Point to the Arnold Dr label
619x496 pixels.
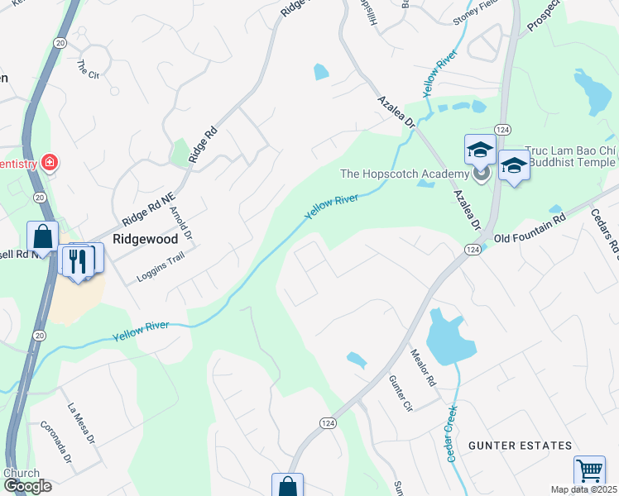coord(180,222)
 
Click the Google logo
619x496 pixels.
coord(28,486)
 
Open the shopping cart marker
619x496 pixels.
coord(589,470)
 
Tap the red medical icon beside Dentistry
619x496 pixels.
coord(50,162)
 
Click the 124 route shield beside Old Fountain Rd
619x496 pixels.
coord(473,249)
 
